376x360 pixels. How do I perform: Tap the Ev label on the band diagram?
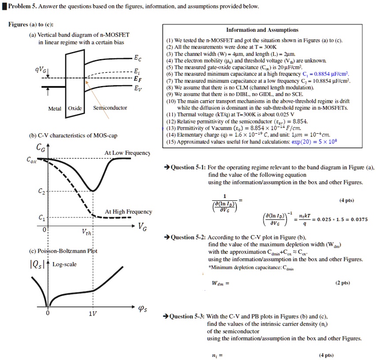point(138,87)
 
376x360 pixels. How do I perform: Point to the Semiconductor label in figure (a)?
point(110,108)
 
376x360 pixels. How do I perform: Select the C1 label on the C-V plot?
point(41,218)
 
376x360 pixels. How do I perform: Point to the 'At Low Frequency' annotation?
point(127,153)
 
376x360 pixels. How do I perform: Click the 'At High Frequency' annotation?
point(128,212)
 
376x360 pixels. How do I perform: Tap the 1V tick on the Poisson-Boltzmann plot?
point(93,315)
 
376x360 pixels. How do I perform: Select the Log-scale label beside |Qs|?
point(64,264)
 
